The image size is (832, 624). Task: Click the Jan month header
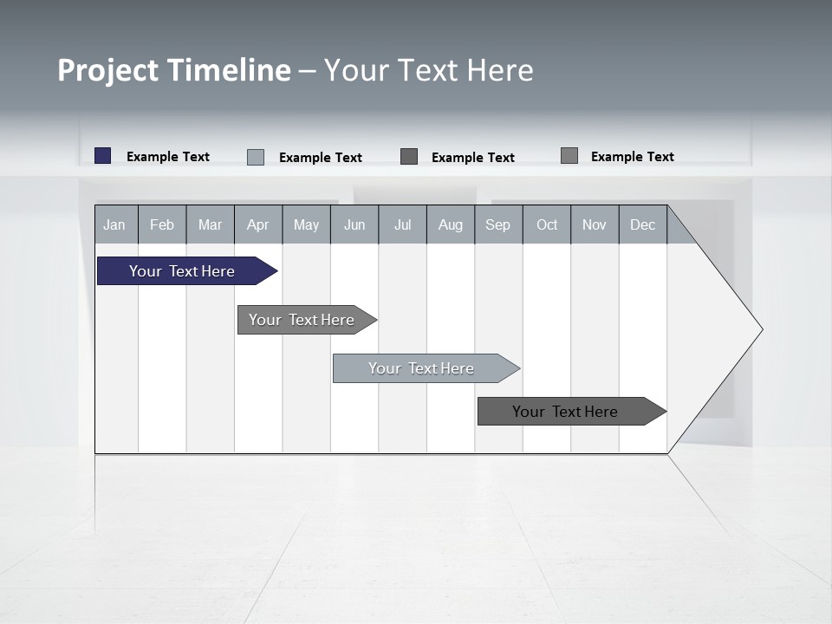click(x=114, y=225)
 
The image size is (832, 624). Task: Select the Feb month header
click(x=162, y=225)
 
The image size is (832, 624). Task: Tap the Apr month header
click(x=257, y=225)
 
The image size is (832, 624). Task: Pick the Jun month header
click(x=354, y=225)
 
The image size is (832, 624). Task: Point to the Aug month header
click(x=450, y=225)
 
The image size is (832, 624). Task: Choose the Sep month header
click(x=497, y=225)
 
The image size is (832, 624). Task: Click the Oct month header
click(x=547, y=225)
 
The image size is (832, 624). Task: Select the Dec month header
click(x=642, y=225)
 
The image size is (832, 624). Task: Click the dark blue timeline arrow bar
click(x=182, y=271)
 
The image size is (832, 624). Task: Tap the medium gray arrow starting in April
click(x=302, y=320)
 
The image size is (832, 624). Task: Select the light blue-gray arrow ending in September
click(x=421, y=368)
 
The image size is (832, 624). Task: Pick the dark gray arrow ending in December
click(x=565, y=412)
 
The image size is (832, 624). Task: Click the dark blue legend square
click(x=103, y=156)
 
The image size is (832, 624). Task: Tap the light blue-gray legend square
click(x=256, y=157)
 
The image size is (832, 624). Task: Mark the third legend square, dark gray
click(x=409, y=157)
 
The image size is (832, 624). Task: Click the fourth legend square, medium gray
click(x=569, y=156)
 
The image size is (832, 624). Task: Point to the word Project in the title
click(x=107, y=70)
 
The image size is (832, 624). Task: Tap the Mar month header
click(x=210, y=225)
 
